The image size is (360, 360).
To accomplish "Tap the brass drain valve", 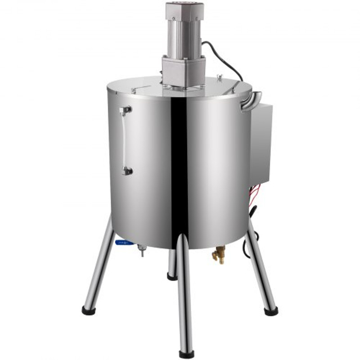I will (219, 256).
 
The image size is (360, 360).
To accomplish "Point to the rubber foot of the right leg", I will (271, 311).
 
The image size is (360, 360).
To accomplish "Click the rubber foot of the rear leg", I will (172, 276).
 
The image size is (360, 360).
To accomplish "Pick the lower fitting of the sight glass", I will (127, 171).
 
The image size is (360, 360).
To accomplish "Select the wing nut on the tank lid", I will (220, 78).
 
